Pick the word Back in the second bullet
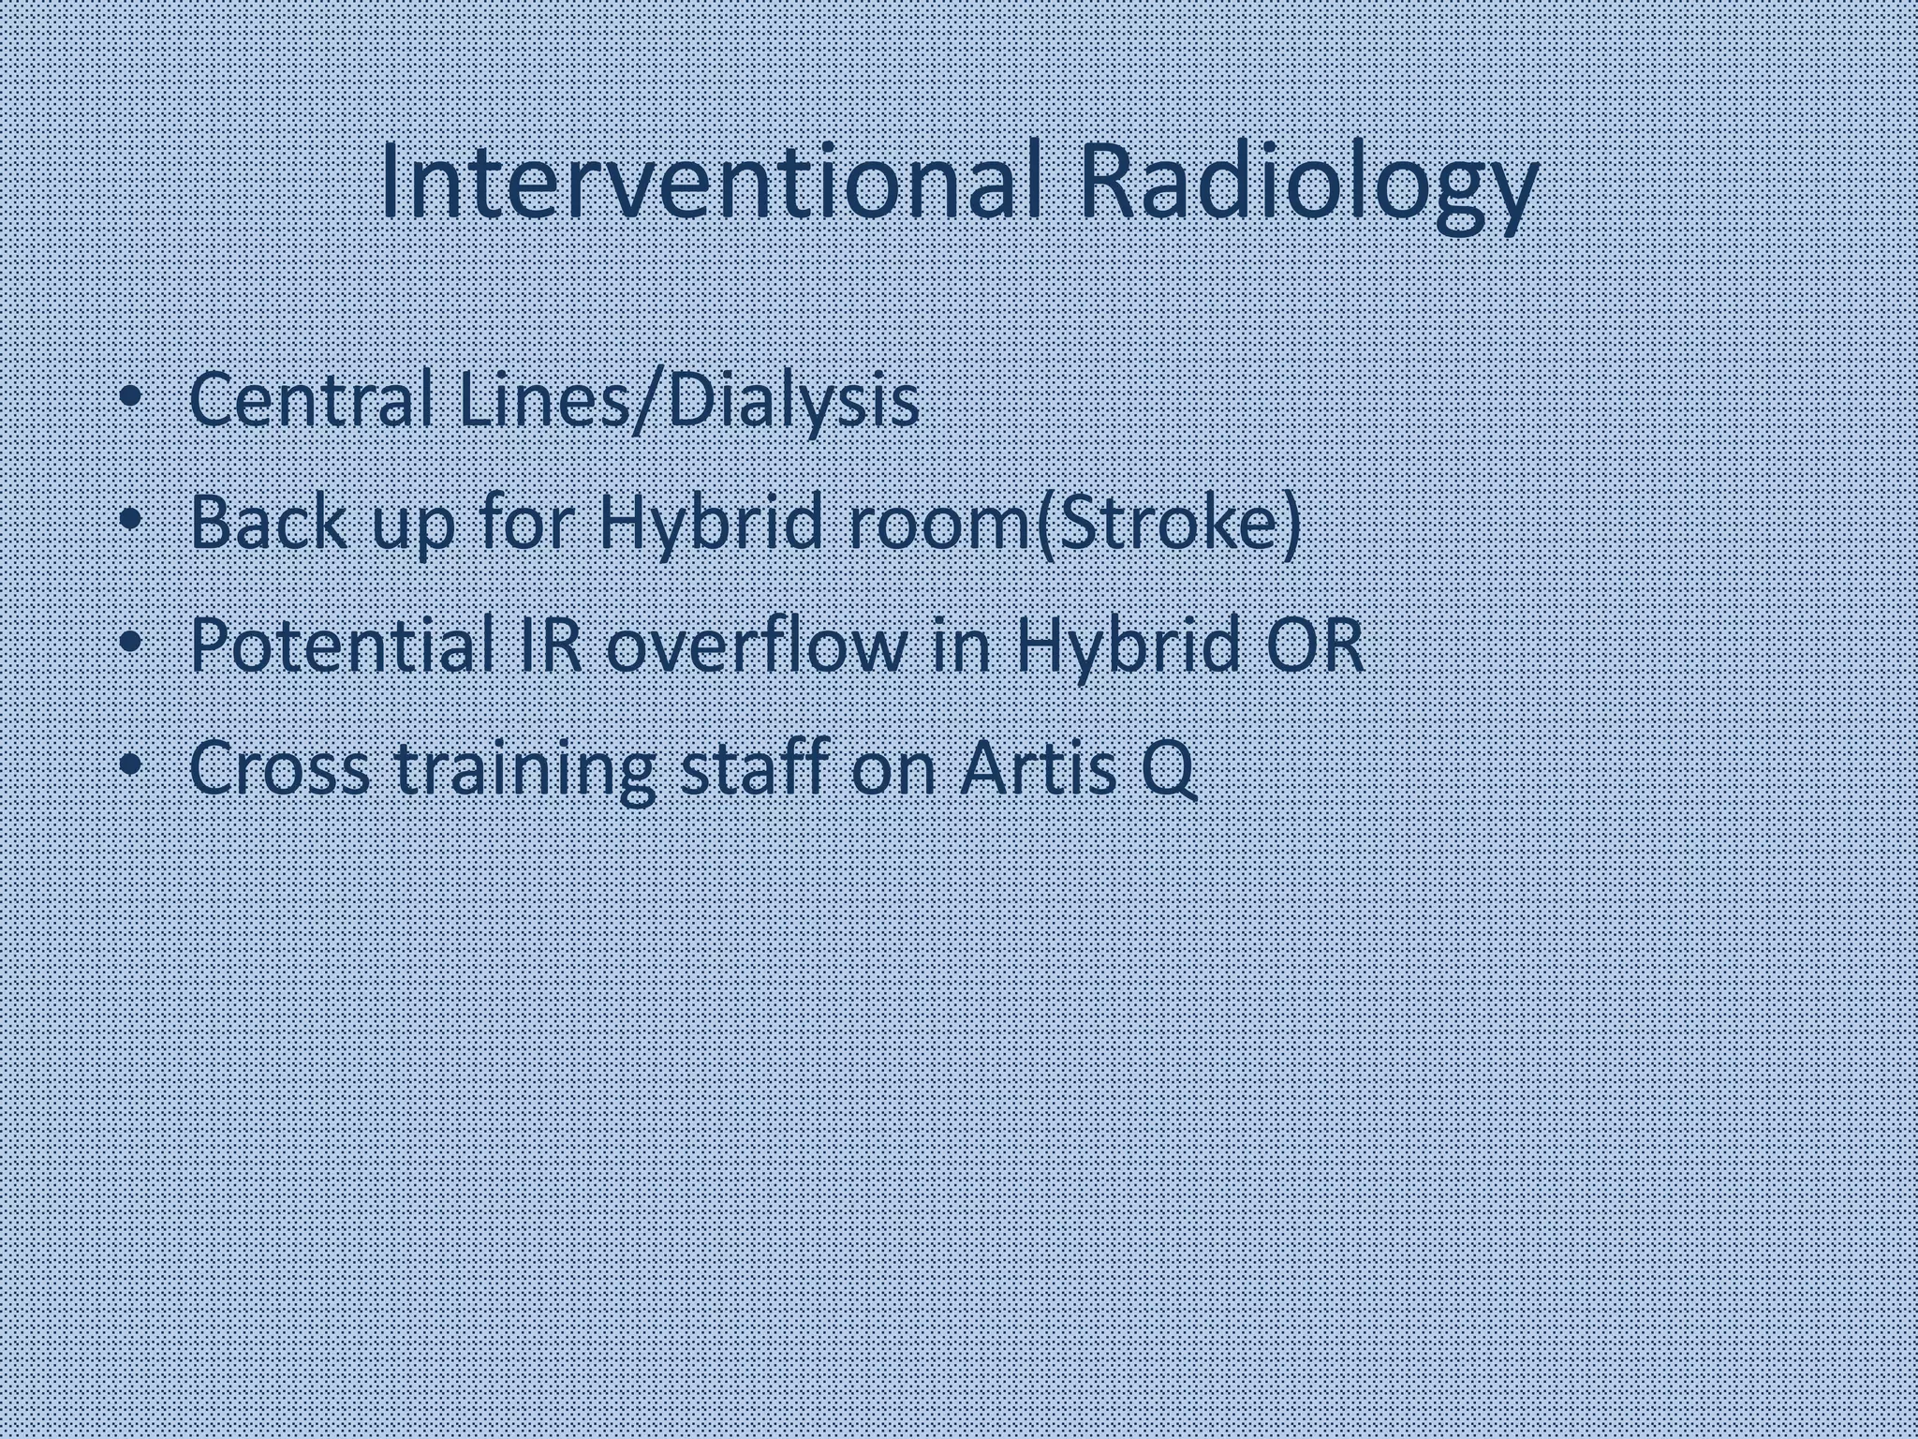point(267,523)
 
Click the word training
point(524,767)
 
